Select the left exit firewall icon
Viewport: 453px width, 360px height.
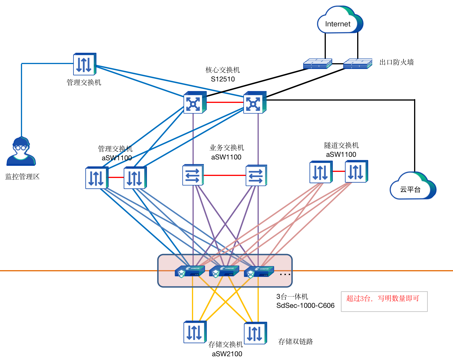317,64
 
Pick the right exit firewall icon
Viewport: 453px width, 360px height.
357,64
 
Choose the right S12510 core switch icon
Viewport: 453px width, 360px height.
255,102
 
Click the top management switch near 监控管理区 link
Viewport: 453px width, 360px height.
85,64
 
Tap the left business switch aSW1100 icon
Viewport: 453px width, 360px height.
193,175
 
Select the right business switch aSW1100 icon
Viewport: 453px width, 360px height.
256,175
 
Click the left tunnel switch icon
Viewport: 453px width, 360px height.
321,172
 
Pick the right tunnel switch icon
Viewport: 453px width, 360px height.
356,172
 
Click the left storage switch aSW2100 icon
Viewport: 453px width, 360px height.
195,332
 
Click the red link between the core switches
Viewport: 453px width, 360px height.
225,102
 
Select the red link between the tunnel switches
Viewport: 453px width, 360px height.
339,171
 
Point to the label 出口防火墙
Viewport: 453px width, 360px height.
396,62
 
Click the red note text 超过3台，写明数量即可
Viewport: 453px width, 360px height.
383,299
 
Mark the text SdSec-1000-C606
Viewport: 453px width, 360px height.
305,306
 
